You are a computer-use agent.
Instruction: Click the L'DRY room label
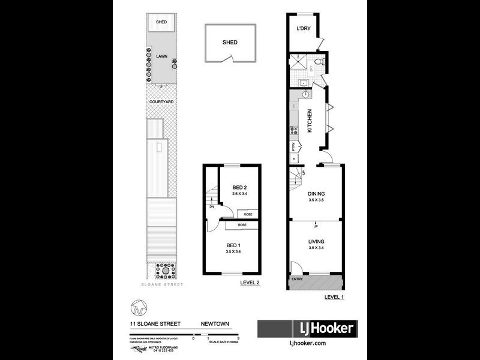302,28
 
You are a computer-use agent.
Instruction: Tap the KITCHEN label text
310,121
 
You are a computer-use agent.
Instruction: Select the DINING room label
316,193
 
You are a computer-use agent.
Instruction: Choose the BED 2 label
240,187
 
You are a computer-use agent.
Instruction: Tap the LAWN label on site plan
161,56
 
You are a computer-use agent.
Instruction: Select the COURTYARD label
161,103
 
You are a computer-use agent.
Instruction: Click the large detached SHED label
230,43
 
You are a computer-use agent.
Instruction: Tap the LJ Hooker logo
307,329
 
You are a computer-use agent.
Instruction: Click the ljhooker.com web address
307,343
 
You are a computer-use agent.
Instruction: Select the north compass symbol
137,310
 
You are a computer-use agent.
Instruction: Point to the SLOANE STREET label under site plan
161,285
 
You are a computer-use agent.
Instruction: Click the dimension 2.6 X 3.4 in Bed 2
240,194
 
